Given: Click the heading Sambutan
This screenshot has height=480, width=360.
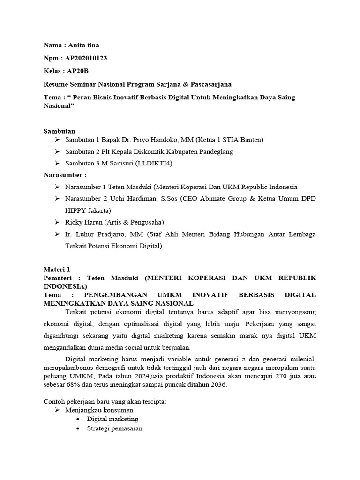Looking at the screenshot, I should click(59, 131).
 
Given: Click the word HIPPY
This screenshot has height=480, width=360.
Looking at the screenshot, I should click(77, 210).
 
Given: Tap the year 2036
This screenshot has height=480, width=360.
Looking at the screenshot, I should click(217, 384).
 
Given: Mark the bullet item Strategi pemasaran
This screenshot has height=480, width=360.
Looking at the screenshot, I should click(114, 428).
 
